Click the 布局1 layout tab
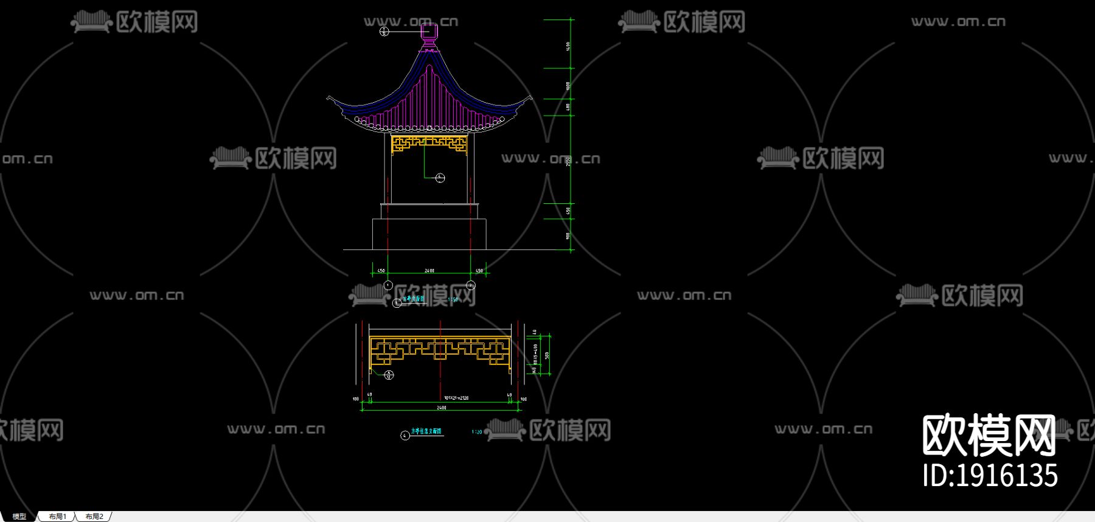pos(58,517)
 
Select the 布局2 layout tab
pos(94,517)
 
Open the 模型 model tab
pos(19,517)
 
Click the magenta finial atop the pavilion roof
pos(429,34)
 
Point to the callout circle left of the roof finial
pos(384,31)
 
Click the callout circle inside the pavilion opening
pos(440,178)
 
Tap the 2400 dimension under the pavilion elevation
pos(429,271)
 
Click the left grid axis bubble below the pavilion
pos(388,285)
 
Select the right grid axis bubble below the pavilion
pos(471,285)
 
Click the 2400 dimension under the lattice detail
pos(442,408)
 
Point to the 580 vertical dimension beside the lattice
pos(547,355)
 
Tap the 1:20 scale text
pos(477,432)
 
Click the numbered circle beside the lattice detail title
pos(405,435)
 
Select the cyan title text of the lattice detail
pos(426,431)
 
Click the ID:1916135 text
pos(990,476)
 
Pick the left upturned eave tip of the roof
pos(329,97)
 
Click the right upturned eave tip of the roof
pos(530,97)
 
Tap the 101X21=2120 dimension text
pos(456,398)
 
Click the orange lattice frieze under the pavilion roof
pos(429,144)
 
